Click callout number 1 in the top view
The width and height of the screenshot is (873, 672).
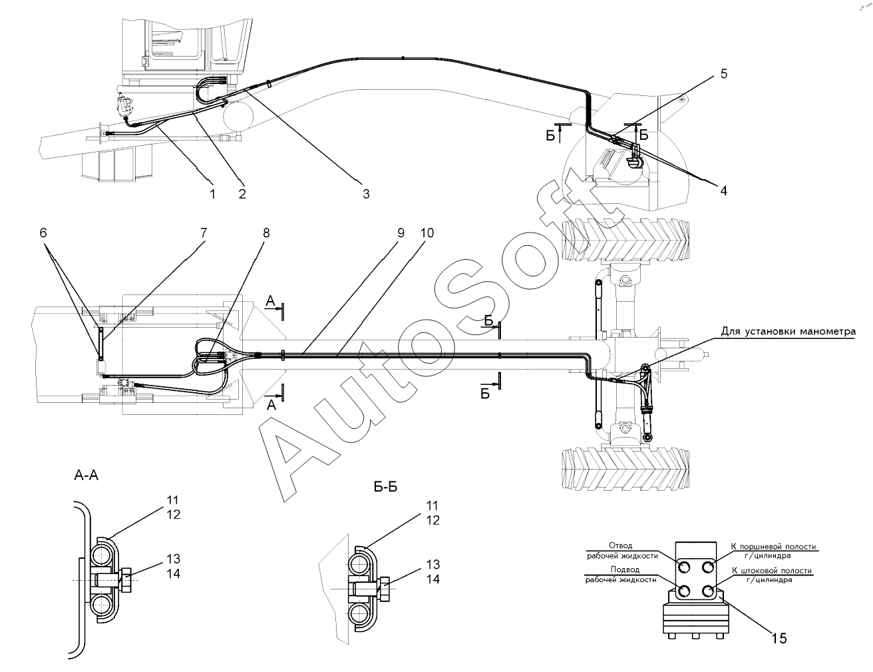coord(212,193)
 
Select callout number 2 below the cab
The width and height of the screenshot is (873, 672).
coord(242,193)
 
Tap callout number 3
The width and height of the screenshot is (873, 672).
coord(365,194)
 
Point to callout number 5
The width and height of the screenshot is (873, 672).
coord(723,74)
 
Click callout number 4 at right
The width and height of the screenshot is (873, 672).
coord(723,190)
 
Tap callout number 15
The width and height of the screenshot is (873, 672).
coord(779,638)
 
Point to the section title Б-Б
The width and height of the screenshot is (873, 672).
coord(386,487)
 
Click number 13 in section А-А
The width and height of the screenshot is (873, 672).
coord(173,559)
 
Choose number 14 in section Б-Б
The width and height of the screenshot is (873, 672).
coord(433,579)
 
